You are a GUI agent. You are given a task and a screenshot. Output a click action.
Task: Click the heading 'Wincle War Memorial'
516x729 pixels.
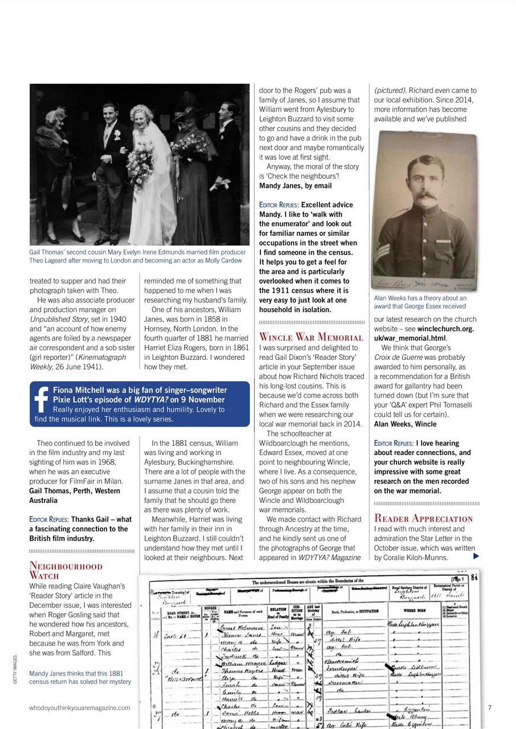[x=311, y=337]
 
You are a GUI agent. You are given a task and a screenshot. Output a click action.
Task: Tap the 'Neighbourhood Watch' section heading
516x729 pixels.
[x=65, y=571]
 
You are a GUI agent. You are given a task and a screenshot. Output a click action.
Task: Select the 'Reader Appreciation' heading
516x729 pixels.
[x=423, y=519]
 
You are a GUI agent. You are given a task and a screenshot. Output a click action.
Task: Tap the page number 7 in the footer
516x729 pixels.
[x=490, y=708]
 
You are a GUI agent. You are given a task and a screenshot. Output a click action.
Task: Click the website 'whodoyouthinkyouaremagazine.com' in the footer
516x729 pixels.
[x=80, y=708]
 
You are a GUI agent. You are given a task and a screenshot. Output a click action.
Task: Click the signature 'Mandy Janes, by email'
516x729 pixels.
[x=296, y=186]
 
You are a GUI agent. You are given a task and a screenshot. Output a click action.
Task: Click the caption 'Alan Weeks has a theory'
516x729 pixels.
[x=420, y=298]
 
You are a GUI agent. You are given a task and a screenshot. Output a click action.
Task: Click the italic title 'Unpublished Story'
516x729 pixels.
[x=58, y=319]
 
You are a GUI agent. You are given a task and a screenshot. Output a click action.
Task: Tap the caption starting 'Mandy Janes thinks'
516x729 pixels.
[x=80, y=677]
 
